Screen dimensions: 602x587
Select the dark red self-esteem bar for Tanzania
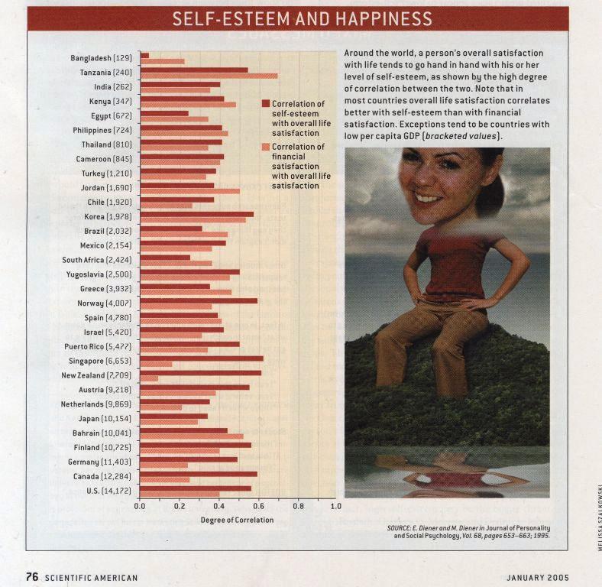tap(194, 70)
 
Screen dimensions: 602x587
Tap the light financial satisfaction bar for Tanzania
tap(209, 76)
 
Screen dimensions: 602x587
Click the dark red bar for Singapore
tap(202, 358)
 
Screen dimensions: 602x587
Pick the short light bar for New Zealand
tap(149, 379)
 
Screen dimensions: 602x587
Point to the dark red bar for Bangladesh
tap(144, 56)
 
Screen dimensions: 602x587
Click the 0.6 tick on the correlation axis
tap(258, 506)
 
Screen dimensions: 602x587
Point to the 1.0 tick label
tap(335, 506)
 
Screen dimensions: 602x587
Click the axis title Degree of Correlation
tap(237, 520)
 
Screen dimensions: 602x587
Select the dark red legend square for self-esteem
tap(266, 103)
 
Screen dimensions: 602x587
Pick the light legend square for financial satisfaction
tap(266, 146)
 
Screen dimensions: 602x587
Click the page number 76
tap(32, 576)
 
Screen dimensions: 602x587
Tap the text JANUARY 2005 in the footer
tap(538, 577)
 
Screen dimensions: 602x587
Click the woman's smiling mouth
tap(425, 198)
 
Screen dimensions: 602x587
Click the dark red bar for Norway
tap(199, 301)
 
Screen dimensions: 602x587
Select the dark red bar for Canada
tap(199, 474)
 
